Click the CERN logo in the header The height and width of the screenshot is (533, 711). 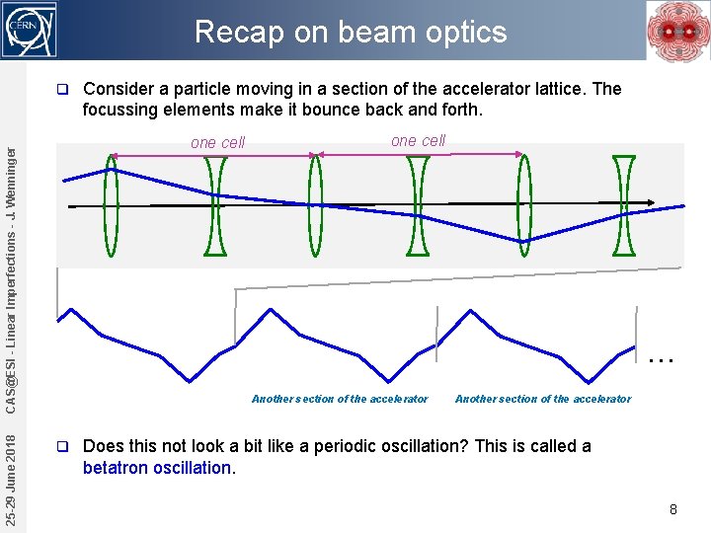pyautogui.click(x=31, y=30)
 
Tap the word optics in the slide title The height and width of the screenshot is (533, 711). pyautogui.click(x=464, y=32)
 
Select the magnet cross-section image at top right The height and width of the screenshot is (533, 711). pyautogui.click(x=677, y=31)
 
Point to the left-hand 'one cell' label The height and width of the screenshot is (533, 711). pyautogui.click(x=217, y=142)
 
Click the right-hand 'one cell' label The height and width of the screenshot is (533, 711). pyautogui.click(x=418, y=140)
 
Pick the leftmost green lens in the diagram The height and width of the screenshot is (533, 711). pyautogui.click(x=112, y=205)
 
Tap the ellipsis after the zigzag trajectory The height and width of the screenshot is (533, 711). pyautogui.click(x=660, y=359)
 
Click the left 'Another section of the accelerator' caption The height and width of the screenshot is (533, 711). pyautogui.click(x=340, y=399)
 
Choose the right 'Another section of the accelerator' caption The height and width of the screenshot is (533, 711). pyautogui.click(x=542, y=399)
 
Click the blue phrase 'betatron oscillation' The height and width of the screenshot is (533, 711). pyautogui.click(x=158, y=468)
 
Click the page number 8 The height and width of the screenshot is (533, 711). pyautogui.click(x=672, y=509)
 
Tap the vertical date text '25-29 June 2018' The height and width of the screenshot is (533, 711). pyautogui.click(x=10, y=481)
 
